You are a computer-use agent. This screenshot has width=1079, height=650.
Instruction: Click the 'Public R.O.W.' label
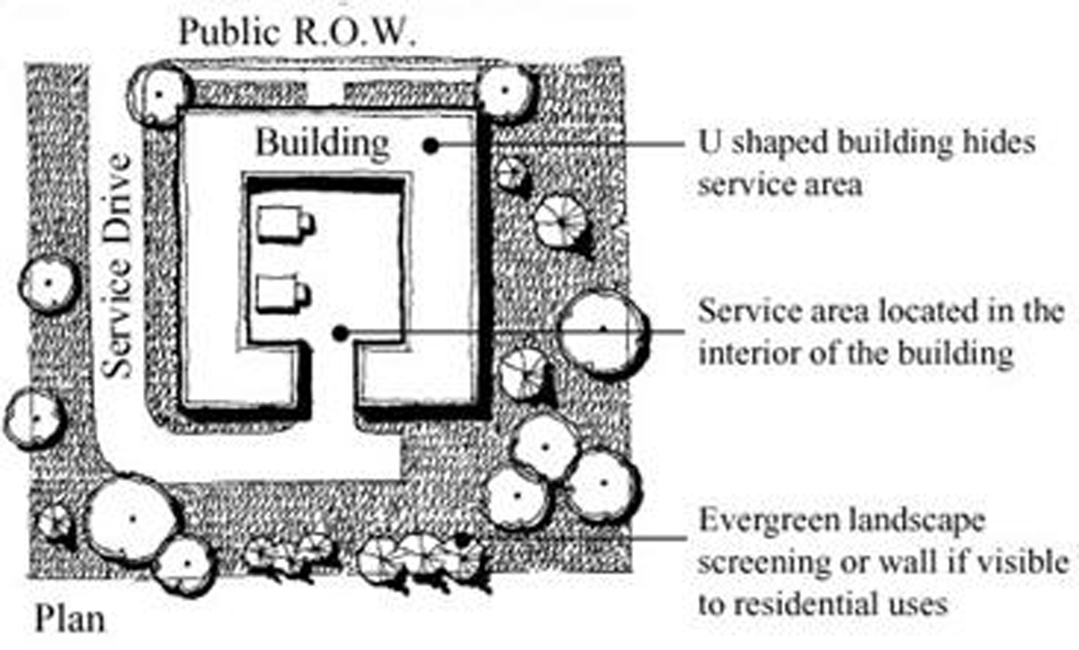click(x=297, y=32)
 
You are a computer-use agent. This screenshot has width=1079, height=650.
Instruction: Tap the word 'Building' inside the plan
click(x=323, y=143)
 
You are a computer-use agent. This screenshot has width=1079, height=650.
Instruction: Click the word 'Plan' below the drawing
click(x=70, y=619)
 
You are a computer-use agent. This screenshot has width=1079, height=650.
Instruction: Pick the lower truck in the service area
click(x=282, y=295)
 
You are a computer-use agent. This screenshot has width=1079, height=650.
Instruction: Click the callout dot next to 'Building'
click(x=432, y=144)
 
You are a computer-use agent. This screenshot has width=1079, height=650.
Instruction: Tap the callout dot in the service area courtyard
click(x=339, y=334)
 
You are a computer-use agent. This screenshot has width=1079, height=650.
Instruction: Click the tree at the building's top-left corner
click(x=160, y=93)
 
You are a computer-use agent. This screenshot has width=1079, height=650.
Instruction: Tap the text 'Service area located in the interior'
click(x=880, y=332)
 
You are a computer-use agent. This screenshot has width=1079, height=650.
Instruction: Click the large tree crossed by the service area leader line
click(x=602, y=330)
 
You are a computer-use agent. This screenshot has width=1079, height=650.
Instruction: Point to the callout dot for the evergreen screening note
click(x=463, y=539)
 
